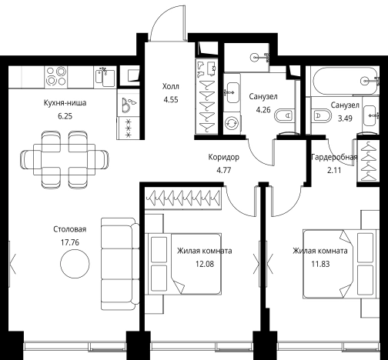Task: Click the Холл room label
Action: point(171,86)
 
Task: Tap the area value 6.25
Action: point(65,116)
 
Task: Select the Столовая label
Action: point(69,229)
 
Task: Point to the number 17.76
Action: point(70,242)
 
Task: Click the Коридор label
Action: point(224,157)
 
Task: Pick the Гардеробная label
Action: point(334,157)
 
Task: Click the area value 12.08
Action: point(205,264)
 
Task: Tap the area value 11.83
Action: point(320,264)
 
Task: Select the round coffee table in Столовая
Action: point(75,264)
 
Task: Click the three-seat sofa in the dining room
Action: point(120,264)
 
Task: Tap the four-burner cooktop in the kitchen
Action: point(56,76)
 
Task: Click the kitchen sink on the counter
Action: point(105,77)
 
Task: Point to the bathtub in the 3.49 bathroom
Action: point(345,81)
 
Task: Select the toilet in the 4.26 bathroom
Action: point(284,115)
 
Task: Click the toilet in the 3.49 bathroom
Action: point(321,115)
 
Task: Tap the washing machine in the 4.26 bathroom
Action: point(232,123)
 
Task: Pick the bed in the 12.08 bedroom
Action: point(183,264)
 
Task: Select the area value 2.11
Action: point(334,170)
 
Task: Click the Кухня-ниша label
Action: point(65,103)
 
